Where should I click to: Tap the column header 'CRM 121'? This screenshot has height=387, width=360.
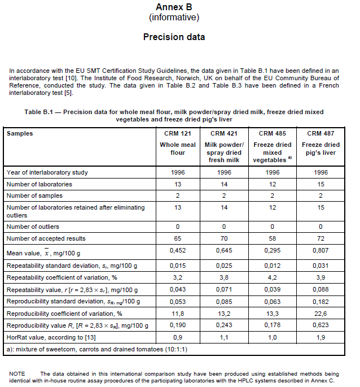tap(177, 133)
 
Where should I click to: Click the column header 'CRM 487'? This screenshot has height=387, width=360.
tap(322, 133)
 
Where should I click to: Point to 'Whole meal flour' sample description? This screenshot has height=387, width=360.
tap(177, 149)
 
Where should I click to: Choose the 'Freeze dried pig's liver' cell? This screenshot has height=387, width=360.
tap(322, 149)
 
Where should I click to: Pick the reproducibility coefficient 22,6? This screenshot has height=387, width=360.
tap(322, 314)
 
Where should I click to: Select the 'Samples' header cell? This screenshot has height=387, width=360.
tap(20, 133)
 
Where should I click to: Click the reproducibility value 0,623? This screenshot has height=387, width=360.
tap(322, 325)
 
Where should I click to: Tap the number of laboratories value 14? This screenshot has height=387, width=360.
tap(225, 184)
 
